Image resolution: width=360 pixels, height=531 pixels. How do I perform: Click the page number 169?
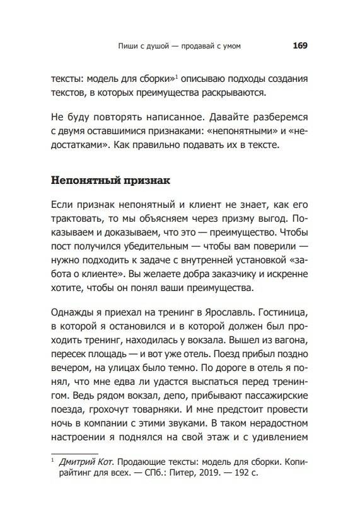click(x=299, y=46)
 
